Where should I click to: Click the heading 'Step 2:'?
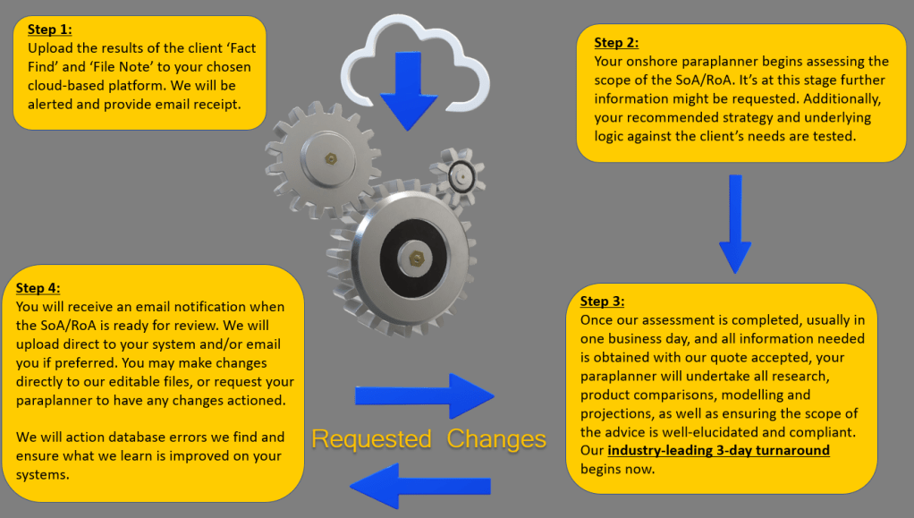[x=617, y=42]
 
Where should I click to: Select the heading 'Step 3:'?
[x=603, y=301]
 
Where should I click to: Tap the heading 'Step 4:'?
[x=38, y=288]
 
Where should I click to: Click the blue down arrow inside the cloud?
[x=408, y=89]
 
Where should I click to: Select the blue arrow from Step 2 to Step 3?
[x=734, y=224]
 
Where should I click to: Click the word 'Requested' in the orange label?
[x=371, y=439]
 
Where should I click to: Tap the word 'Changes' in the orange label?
[x=496, y=439]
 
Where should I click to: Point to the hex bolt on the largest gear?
[x=414, y=257]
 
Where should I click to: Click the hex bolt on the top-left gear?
[x=331, y=158]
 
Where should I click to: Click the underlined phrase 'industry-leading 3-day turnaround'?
[x=718, y=450]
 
